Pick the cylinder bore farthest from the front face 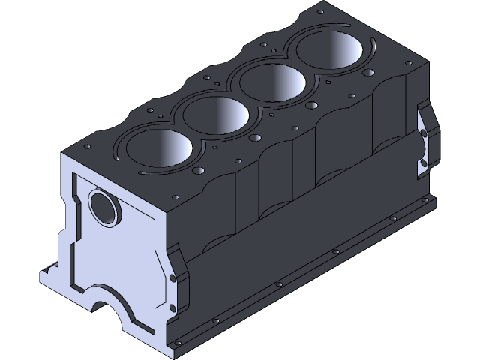331,52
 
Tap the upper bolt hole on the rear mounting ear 424,133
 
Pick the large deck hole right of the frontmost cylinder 199,171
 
